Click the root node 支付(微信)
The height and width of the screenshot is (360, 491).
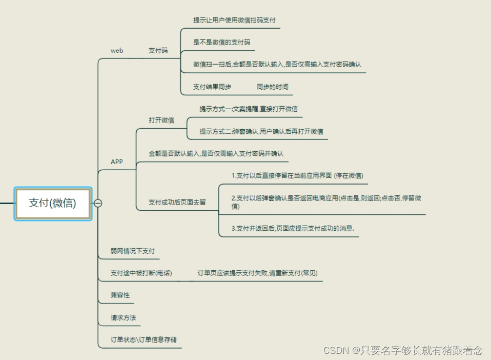click(52, 203)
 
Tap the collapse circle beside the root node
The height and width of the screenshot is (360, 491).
click(98, 203)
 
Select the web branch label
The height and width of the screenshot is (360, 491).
click(117, 51)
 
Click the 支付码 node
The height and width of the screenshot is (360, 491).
click(158, 51)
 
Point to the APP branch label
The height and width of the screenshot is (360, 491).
click(117, 162)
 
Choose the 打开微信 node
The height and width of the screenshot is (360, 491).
click(161, 121)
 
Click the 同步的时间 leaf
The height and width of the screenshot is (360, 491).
click(272, 87)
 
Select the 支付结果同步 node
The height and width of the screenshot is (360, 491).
click(212, 87)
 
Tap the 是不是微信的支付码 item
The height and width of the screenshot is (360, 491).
click(221, 43)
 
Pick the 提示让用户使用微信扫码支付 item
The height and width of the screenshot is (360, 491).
click(234, 21)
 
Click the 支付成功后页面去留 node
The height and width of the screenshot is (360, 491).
click(177, 202)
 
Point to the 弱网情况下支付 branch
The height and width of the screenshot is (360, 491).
click(133, 251)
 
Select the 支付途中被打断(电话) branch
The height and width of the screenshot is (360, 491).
click(141, 273)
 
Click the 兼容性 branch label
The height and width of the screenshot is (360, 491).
click(120, 295)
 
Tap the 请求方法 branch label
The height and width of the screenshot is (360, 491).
click(124, 317)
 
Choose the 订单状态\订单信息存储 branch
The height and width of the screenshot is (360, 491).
click(144, 339)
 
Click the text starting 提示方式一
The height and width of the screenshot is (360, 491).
click(249, 109)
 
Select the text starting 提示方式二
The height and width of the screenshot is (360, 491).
click(261, 131)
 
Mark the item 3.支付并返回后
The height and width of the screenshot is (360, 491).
click(293, 228)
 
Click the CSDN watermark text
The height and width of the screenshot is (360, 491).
click(403, 350)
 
